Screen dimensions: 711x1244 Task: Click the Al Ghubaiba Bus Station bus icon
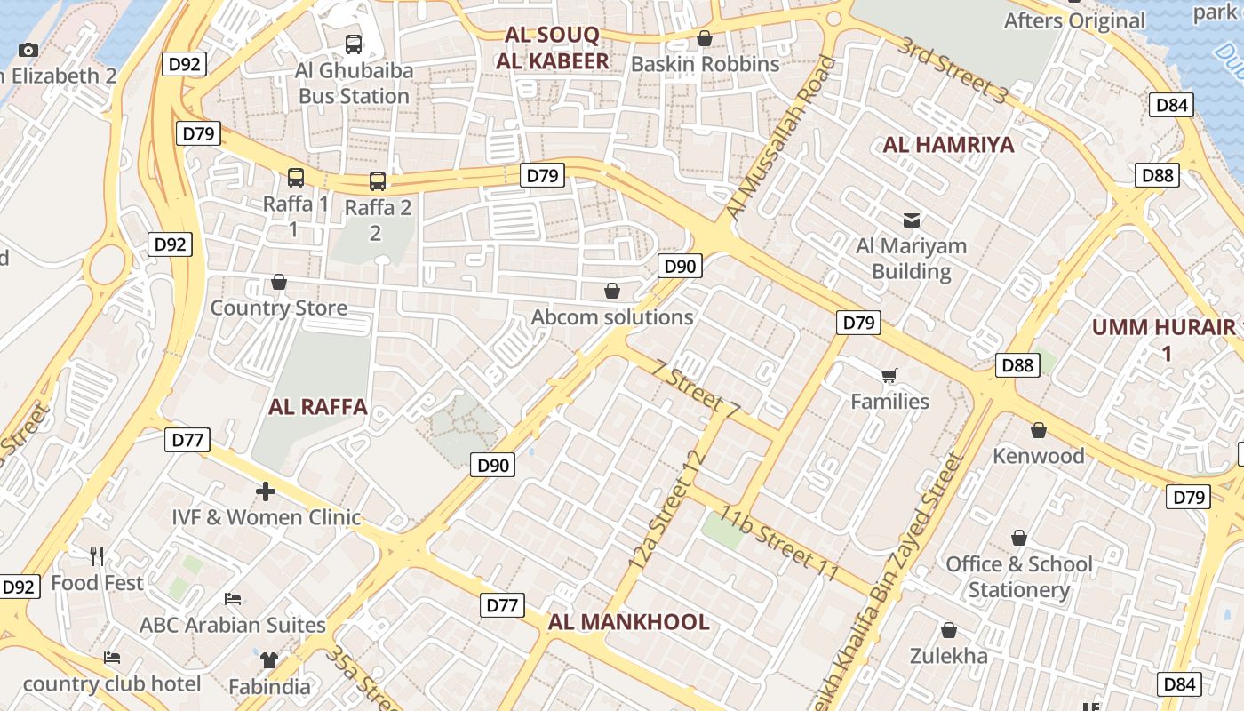(353, 44)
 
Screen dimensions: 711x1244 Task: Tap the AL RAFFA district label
(317, 407)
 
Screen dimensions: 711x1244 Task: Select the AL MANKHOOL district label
(628, 622)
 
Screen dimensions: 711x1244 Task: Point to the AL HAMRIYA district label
(948, 145)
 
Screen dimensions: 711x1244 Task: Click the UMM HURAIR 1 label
(1164, 339)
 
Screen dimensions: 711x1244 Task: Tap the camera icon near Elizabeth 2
(28, 50)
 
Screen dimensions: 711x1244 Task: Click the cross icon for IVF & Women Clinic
(265, 491)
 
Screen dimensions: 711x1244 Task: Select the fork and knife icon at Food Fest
(97, 556)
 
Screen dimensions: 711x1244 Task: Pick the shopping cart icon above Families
(889, 375)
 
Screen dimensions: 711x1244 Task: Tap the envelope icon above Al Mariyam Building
(912, 219)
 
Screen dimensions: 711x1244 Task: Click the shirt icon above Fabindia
(268, 660)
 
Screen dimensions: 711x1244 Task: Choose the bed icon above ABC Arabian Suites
(233, 599)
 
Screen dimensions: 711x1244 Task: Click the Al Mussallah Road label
(780, 138)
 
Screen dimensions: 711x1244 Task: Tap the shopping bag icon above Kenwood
(1038, 430)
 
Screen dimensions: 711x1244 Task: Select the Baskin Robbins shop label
(705, 64)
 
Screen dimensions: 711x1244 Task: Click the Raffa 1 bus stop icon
(296, 178)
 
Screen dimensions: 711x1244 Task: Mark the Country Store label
(279, 308)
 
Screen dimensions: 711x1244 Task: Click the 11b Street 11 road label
(779, 543)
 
